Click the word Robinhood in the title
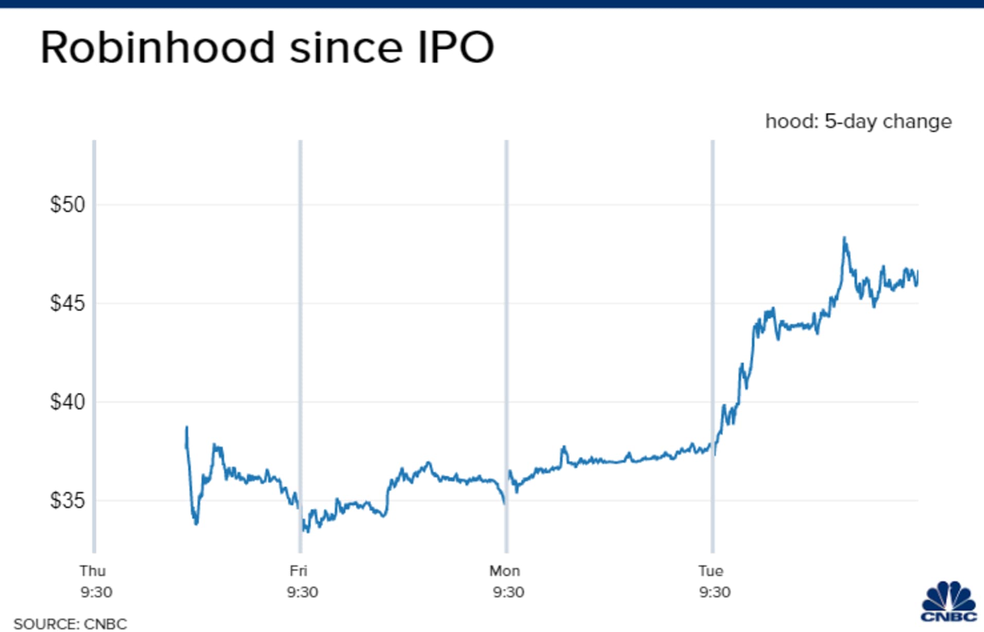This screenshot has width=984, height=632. click(x=157, y=47)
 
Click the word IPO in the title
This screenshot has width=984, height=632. click(x=455, y=47)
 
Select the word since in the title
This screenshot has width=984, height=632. click(x=345, y=47)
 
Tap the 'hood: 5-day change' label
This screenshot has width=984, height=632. click(x=858, y=122)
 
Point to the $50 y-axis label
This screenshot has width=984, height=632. click(x=67, y=205)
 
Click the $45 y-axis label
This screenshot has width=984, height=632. click(x=67, y=303)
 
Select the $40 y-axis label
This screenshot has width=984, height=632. click(x=67, y=402)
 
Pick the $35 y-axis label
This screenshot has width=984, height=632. click(x=67, y=500)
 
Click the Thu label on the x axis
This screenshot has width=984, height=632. click(x=93, y=571)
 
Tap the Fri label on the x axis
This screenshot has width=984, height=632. click(x=298, y=571)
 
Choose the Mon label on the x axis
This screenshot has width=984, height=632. click(x=504, y=571)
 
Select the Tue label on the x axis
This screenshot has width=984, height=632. click(x=711, y=571)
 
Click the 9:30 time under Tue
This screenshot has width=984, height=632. click(x=715, y=592)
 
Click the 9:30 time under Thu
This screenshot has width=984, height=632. click(x=96, y=592)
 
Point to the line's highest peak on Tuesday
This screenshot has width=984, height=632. click(x=844, y=238)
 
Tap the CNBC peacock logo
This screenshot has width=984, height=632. click(x=948, y=602)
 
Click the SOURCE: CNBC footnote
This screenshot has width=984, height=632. click(x=70, y=624)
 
